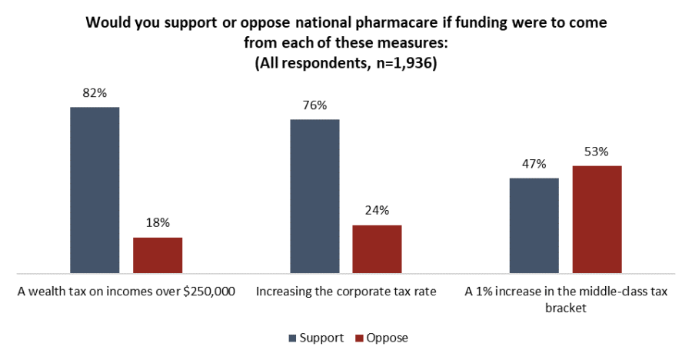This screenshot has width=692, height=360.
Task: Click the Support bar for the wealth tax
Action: click(95, 190)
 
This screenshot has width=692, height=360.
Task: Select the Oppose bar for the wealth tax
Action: click(158, 255)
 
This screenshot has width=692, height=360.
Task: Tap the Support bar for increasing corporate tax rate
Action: click(314, 196)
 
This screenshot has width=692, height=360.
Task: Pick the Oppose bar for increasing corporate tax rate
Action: click(377, 249)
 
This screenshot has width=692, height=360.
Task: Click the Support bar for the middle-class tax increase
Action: click(534, 225)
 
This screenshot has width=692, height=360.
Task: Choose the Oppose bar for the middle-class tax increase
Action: click(597, 219)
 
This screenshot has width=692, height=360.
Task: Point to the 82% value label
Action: click(95, 93)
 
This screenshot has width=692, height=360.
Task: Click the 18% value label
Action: click(158, 224)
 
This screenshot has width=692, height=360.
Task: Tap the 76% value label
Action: click(314, 105)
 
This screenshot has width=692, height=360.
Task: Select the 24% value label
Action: click(377, 211)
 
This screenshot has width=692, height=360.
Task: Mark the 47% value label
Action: click(534, 164)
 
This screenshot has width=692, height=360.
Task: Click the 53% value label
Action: click(597, 152)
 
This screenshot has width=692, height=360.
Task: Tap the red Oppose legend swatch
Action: click(360, 338)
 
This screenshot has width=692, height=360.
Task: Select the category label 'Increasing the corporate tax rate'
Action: click(346, 292)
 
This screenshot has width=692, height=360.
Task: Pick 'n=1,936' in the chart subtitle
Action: click(399, 65)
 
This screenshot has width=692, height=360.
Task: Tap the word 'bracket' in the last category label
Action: click(565, 308)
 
